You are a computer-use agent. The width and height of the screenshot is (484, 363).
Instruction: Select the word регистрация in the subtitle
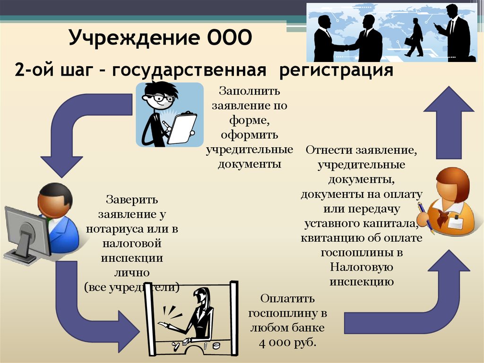click(336, 71)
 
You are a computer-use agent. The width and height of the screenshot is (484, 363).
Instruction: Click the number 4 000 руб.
click(288, 343)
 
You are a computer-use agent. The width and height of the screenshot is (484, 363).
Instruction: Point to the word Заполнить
click(250, 91)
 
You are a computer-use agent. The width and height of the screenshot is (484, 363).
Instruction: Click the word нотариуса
click(115, 229)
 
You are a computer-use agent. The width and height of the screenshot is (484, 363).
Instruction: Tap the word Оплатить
click(287, 299)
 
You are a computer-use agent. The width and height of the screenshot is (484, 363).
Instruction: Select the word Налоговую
click(362, 267)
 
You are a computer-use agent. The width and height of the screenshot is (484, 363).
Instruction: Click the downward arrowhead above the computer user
click(61, 166)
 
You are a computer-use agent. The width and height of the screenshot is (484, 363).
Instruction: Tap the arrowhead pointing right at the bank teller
click(130, 331)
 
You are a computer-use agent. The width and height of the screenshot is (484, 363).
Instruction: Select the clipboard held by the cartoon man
click(182, 128)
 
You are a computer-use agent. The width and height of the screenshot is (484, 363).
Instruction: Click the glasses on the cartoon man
click(160, 98)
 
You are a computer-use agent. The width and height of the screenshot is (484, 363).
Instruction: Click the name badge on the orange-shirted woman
click(456, 221)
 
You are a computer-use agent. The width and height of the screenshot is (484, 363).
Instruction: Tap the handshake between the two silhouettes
click(345, 48)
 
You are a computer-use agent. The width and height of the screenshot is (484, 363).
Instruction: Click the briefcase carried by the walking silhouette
click(409, 42)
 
